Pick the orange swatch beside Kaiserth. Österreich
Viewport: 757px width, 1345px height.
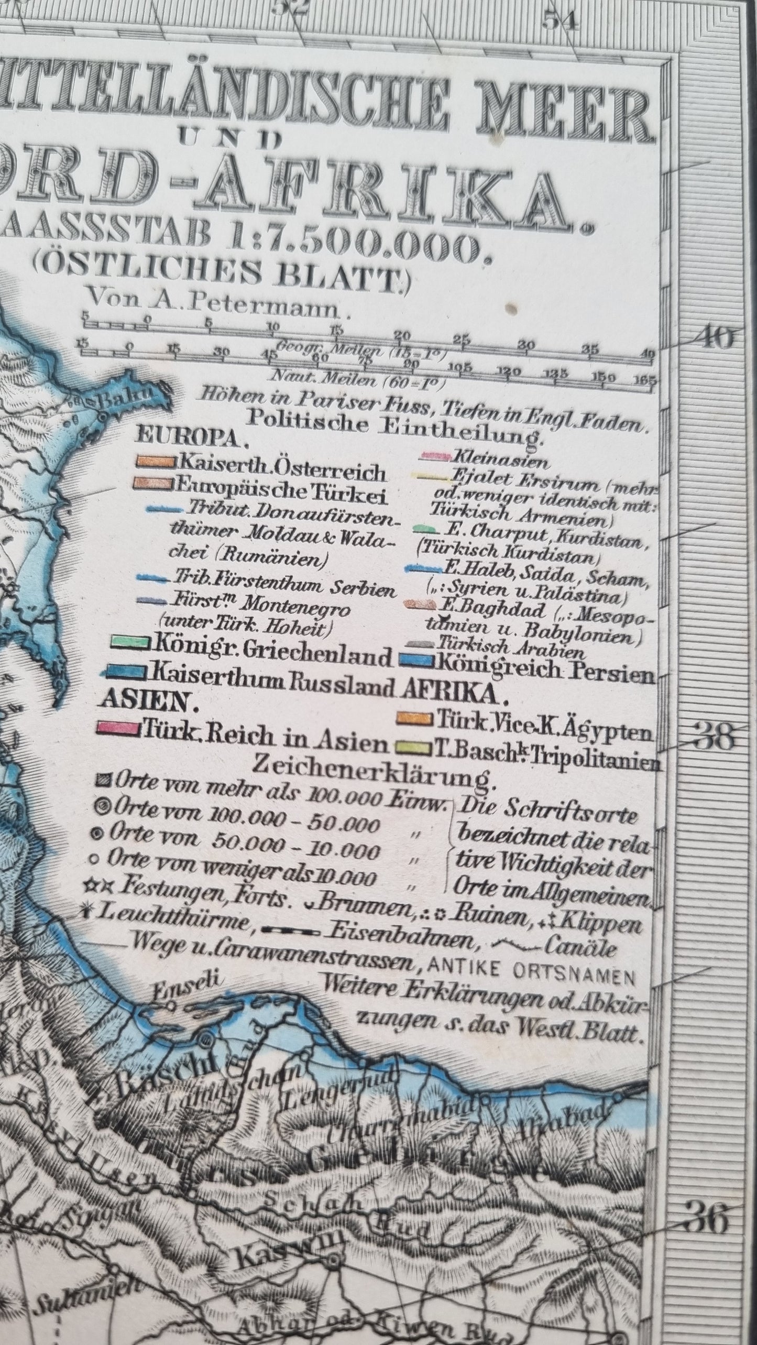(155, 462)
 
